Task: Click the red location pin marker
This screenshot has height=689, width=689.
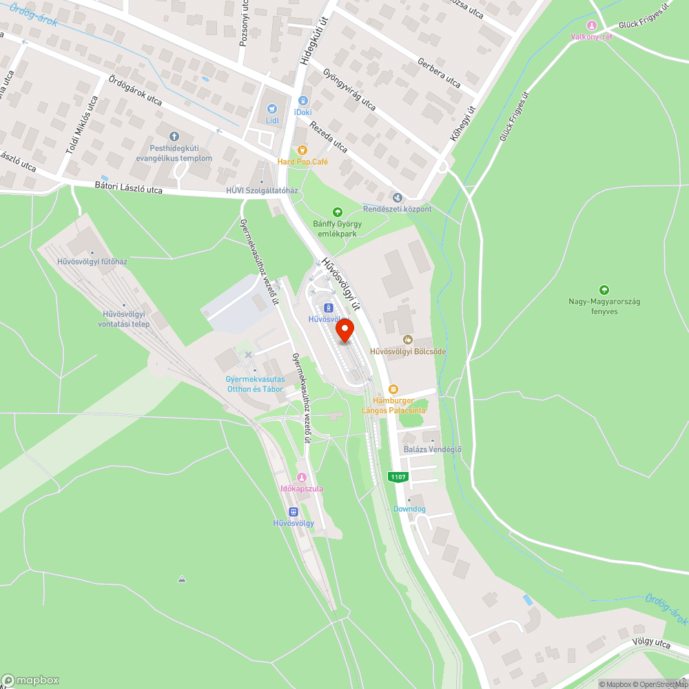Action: [x=344, y=331]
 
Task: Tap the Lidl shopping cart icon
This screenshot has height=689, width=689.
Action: [x=272, y=108]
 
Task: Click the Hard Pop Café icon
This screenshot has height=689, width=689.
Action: [x=301, y=150]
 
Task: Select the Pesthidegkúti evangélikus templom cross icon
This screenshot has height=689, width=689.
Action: [x=173, y=136]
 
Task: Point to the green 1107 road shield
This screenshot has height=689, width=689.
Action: [x=398, y=477]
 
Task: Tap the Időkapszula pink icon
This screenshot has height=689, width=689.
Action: [x=301, y=477]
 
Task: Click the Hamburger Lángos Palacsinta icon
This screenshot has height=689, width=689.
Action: [x=393, y=389]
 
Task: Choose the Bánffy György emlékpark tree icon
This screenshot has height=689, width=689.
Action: [x=338, y=212]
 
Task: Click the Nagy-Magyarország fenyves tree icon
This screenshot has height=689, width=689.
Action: [x=604, y=290]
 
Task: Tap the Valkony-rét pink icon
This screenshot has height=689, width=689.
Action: [x=591, y=25]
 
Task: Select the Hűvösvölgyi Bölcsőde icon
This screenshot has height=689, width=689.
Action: [x=407, y=339]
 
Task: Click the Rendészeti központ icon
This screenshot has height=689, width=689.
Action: [x=397, y=198]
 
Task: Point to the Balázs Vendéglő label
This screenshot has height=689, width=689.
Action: [x=432, y=450]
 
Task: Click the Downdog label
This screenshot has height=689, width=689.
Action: [x=409, y=509]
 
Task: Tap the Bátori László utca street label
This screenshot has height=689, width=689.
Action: [x=128, y=188]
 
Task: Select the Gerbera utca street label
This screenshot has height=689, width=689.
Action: [x=439, y=73]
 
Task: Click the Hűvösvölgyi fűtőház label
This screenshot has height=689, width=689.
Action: [x=92, y=262]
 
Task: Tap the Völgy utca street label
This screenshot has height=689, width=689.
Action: [x=651, y=644]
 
